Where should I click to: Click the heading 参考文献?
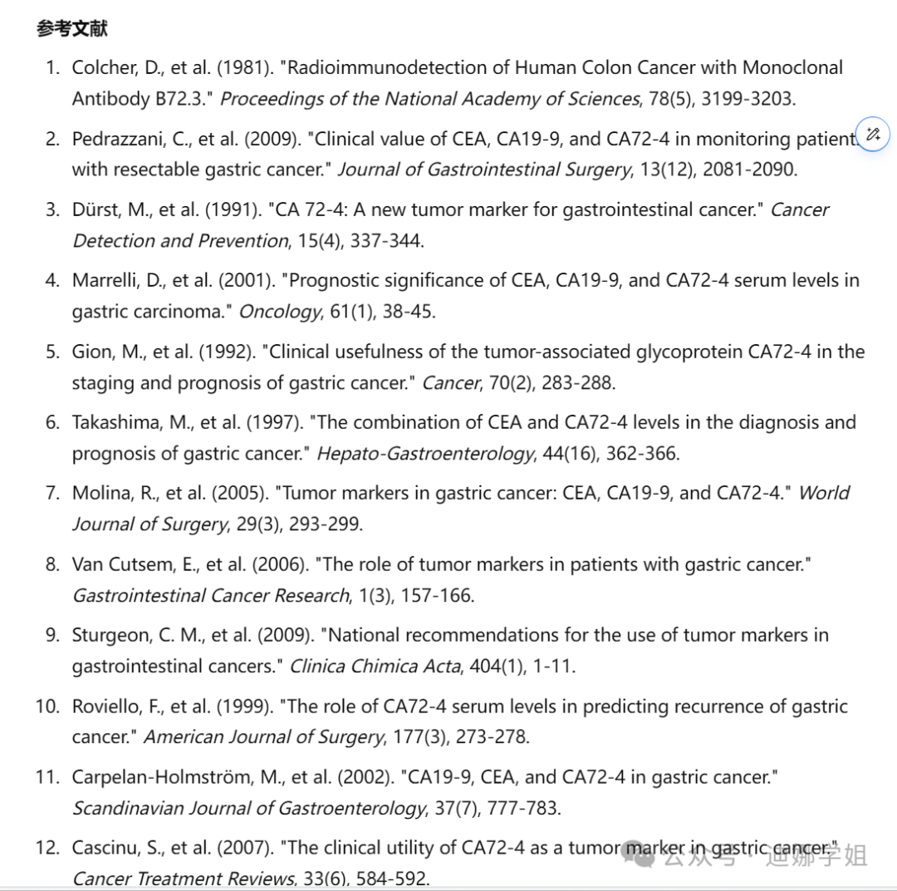coord(72,29)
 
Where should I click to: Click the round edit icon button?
coord(873,135)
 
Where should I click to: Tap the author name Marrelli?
coord(102,280)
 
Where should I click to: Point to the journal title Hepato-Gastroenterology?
coord(425,454)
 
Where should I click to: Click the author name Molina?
coord(99,493)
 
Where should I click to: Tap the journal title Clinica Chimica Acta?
coord(374,666)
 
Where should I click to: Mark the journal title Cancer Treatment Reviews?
coord(183,879)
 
